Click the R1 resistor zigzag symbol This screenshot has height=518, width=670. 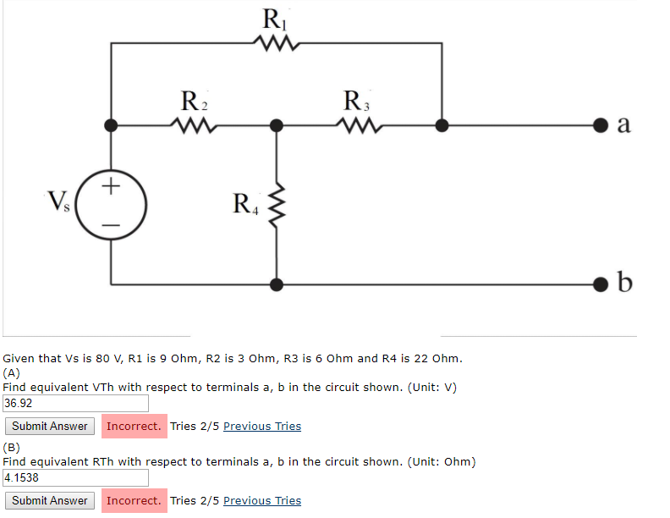(x=277, y=42)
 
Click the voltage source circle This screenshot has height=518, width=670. (x=112, y=204)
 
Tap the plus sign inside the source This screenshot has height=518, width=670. (x=112, y=184)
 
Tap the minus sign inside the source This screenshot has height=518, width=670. (x=112, y=224)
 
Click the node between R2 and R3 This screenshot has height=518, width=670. (x=277, y=125)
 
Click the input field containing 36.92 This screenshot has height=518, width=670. (x=76, y=404)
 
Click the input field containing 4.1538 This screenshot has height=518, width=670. (x=76, y=477)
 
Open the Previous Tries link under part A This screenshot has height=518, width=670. (x=261, y=426)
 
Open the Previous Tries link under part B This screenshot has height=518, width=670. (x=261, y=500)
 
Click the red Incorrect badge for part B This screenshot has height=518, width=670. (x=134, y=500)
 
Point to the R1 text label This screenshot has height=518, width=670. (x=274, y=17)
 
